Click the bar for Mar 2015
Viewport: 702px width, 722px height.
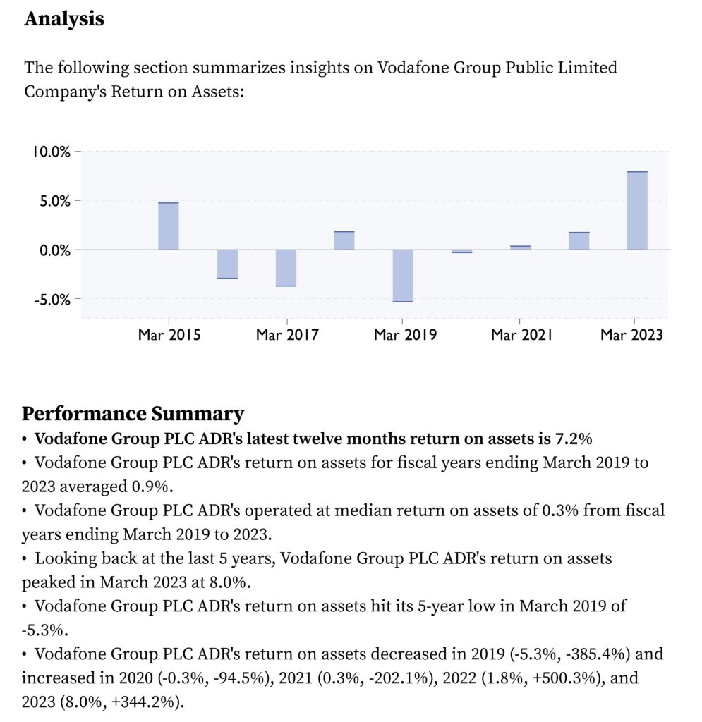pos(168,226)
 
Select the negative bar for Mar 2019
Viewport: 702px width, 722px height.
pos(403,276)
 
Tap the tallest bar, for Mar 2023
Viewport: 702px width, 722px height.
pos(637,210)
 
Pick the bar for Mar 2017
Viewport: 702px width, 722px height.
pos(286,268)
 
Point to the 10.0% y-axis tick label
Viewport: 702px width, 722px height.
pos(51,152)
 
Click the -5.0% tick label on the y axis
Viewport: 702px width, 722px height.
pos(52,300)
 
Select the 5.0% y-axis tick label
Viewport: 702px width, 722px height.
pos(55,201)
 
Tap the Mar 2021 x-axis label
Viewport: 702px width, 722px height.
pos(521,335)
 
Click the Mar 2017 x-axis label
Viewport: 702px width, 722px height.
pos(287,335)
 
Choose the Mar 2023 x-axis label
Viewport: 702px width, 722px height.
pos(631,335)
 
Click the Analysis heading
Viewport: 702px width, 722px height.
pos(64,19)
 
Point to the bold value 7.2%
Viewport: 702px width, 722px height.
pos(574,439)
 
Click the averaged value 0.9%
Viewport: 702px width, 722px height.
pos(150,487)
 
